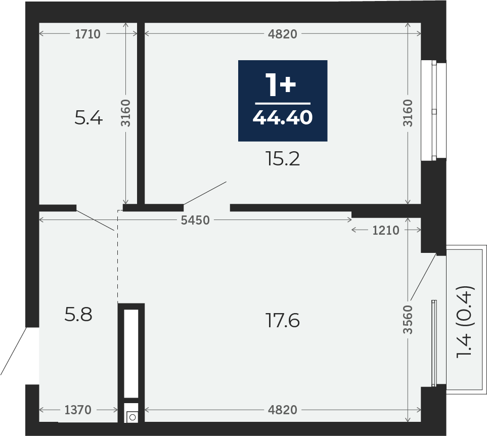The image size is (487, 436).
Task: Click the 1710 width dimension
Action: point(88,34)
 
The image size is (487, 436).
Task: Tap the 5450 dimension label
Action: point(195,220)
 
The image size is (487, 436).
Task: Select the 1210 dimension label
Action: point(386,230)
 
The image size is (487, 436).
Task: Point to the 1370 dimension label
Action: point(78,410)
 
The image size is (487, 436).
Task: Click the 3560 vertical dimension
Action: point(408,320)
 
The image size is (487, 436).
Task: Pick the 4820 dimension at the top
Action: point(283,34)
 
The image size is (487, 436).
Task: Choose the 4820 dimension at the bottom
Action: point(283,410)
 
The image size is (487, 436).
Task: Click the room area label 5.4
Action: point(88,118)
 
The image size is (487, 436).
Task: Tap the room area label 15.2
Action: point(283,159)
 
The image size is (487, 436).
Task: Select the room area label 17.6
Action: point(283,321)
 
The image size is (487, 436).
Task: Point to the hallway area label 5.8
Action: point(78,314)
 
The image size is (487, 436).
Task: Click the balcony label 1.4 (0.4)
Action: point(465,322)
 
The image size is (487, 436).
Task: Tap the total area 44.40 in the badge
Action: point(283,118)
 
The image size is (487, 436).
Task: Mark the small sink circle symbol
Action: point(132,417)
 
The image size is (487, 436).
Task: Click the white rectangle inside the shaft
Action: point(131,354)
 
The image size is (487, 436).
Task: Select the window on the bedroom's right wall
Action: point(433,111)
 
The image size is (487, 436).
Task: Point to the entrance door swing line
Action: point(13,351)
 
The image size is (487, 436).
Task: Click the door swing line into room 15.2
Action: point(205,193)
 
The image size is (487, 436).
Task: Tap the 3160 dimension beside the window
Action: point(408,113)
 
